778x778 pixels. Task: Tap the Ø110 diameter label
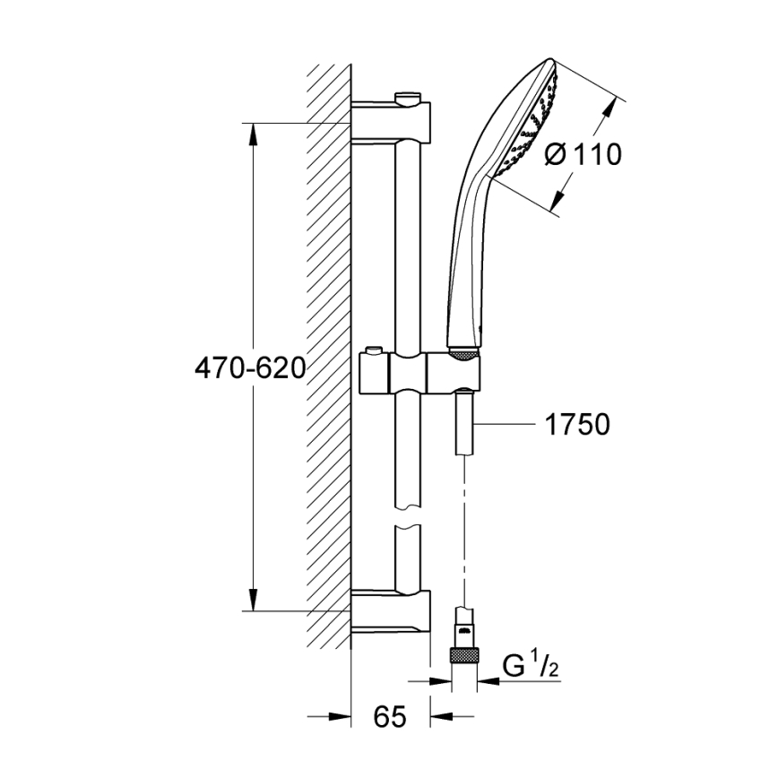point(583,155)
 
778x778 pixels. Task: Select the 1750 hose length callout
point(576,423)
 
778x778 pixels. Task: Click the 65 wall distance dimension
point(391,716)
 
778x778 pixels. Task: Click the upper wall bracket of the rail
point(391,121)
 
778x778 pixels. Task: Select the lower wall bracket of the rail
point(391,611)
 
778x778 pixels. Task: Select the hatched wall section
point(328,359)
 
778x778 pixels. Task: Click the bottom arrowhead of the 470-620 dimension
point(255,600)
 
